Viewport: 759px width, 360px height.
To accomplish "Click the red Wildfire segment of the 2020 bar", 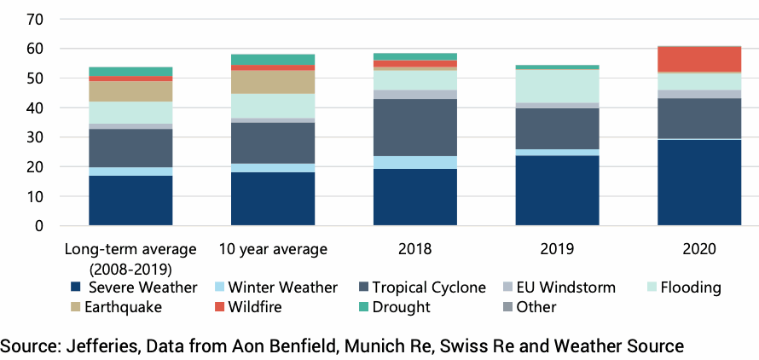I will [698, 59].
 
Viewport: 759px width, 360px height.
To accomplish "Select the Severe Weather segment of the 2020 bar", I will [698, 183].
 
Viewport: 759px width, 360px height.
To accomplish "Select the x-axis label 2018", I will [414, 250].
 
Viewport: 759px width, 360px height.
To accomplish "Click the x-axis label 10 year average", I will [273, 250].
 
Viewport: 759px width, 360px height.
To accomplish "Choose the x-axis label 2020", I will [698, 250].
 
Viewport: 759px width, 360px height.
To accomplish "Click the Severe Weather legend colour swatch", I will [76, 287].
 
